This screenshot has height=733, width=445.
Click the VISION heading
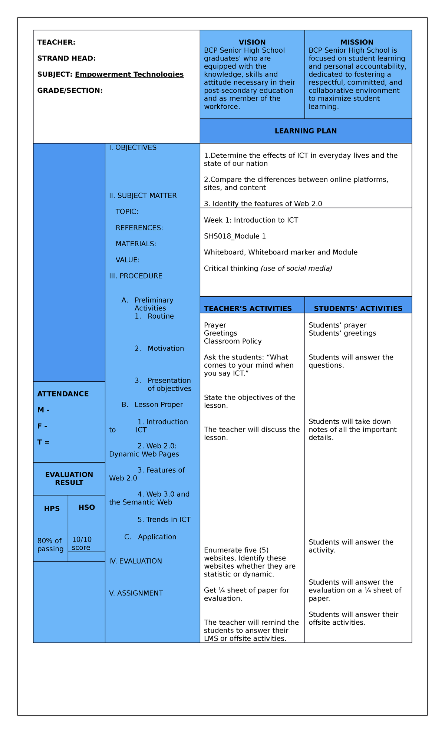coord(252,42)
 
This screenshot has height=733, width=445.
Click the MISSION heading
coord(357,42)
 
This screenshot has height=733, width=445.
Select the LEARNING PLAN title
coord(306,131)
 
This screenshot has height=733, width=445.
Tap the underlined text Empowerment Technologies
coord(129,75)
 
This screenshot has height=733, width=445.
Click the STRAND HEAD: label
coord(66,58)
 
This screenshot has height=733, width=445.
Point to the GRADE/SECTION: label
coord(70,91)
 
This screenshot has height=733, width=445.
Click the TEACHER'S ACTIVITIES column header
coord(248,309)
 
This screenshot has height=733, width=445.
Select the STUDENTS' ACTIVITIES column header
coord(358,309)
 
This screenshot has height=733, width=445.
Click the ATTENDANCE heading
coord(63,394)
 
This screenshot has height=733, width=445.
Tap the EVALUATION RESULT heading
coord(69,479)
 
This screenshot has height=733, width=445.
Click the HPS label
coord(52,509)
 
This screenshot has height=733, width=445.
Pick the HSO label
coord(87,507)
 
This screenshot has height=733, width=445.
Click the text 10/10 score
coord(82,543)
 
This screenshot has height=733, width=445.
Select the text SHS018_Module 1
coord(235,236)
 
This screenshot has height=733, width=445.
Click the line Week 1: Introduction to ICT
coord(251,220)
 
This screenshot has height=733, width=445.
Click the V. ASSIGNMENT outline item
coord(136,593)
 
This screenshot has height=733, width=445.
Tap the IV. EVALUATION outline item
coord(135,561)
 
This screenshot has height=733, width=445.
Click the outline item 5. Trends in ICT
coord(164,520)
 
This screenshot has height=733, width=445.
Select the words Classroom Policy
coord(233,341)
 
